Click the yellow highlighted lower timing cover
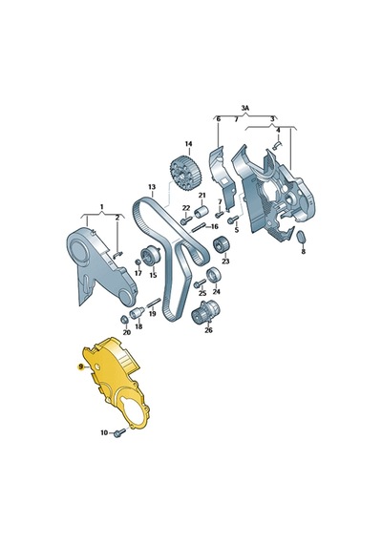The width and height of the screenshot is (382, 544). click(115, 382)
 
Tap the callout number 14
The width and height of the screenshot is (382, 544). click(188, 143)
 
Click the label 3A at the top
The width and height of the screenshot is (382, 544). click(245, 108)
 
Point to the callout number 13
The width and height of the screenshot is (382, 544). click(152, 187)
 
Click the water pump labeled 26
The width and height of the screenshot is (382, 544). click(205, 311)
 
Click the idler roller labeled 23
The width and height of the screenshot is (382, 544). click(222, 244)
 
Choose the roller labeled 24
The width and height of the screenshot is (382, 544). click(213, 276)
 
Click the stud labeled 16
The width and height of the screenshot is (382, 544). click(200, 228)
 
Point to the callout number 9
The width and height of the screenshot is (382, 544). click(80, 366)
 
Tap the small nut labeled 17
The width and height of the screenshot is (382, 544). click(138, 262)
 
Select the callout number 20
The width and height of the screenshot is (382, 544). click(127, 332)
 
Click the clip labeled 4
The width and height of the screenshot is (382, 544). click(278, 145)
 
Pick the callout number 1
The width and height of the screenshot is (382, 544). click(102, 207)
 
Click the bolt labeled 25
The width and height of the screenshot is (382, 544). click(199, 283)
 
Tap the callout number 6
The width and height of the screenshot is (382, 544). click(219, 119)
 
